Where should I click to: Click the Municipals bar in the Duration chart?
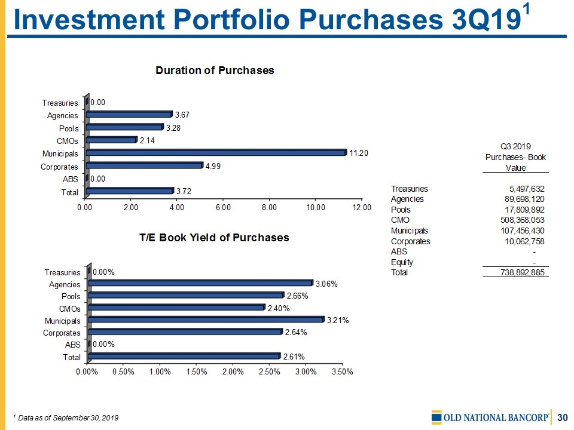click(x=215, y=153)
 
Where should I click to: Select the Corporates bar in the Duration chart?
click(x=144, y=165)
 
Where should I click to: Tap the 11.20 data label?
click(x=359, y=153)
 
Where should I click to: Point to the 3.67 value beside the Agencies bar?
click(x=183, y=114)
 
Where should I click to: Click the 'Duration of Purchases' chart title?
click(x=215, y=70)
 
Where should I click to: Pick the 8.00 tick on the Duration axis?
click(x=269, y=207)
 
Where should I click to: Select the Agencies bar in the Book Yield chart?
click(x=200, y=283)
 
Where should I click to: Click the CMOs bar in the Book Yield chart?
click(x=176, y=308)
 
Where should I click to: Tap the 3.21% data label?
click(x=338, y=320)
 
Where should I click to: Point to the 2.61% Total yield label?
click(x=294, y=357)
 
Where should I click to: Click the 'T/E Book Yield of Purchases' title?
click(x=214, y=238)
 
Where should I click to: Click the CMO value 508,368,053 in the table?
click(x=518, y=220)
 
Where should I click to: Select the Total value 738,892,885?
click(x=518, y=272)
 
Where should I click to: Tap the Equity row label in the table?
click(x=402, y=262)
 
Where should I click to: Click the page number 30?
click(x=562, y=417)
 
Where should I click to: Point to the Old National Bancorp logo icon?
click(x=436, y=417)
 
